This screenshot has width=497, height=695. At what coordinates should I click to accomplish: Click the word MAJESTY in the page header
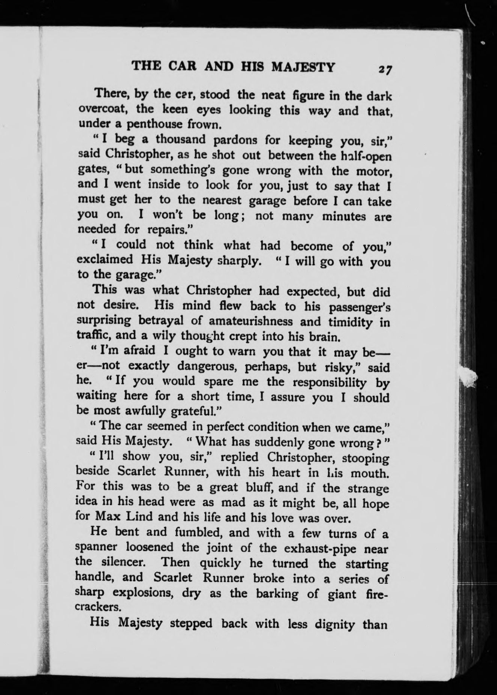(303, 67)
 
